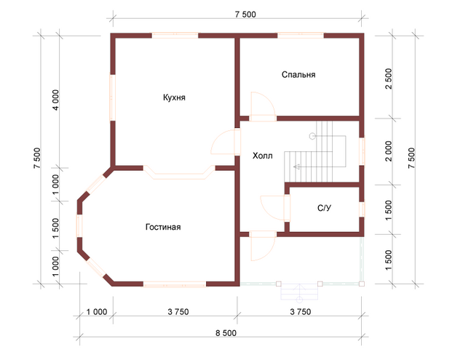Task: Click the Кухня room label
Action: pyautogui.click(x=174, y=97)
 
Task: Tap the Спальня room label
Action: pyautogui.click(x=298, y=75)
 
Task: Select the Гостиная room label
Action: pyautogui.click(x=163, y=227)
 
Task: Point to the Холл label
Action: pyautogui.click(x=263, y=156)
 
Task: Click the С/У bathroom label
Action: pyautogui.click(x=325, y=208)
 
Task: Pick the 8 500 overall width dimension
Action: pyautogui.click(x=226, y=333)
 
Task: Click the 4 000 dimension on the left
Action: pyautogui.click(x=56, y=100)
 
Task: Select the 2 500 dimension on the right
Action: pyautogui.click(x=389, y=79)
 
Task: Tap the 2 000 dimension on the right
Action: pyautogui.click(x=389, y=151)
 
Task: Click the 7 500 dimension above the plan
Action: pyautogui.click(x=245, y=15)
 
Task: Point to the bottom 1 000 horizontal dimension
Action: pyautogui.click(x=97, y=312)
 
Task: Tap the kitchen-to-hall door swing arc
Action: pyautogui.click(x=218, y=137)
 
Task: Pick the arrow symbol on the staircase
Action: pyautogui.click(x=298, y=167)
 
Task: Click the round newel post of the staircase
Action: pyautogui.click(x=312, y=136)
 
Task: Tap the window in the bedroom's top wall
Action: pyautogui.click(x=301, y=36)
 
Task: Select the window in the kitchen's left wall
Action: pyautogui.click(x=113, y=97)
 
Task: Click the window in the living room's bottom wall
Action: pyautogui.click(x=174, y=284)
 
